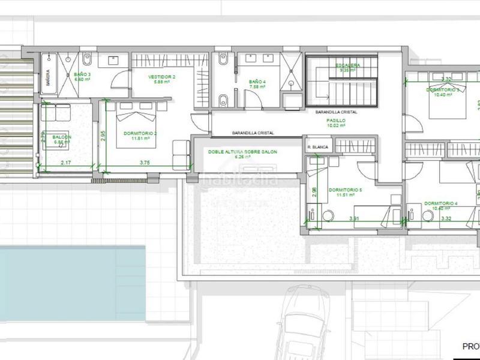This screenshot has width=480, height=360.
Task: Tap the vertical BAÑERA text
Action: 49,79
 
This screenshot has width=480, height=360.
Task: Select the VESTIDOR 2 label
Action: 162,77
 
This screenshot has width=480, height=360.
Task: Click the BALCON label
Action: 62,137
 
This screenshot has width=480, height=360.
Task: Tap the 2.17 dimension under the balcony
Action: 65,162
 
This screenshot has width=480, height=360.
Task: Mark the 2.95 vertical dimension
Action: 103,136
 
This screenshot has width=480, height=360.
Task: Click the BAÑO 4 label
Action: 257,83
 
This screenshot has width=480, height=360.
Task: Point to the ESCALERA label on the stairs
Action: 347,65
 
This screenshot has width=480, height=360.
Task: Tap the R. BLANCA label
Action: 317,146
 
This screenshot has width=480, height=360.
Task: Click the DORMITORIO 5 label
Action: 346,190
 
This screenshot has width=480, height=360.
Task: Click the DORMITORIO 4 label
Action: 440,203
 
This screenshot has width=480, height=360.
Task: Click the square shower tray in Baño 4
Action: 292,65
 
